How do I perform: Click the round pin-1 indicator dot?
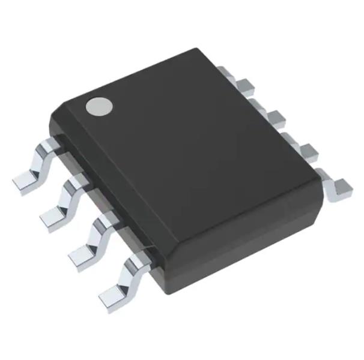[x=99, y=106]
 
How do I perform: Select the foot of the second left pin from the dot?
[x=53, y=217]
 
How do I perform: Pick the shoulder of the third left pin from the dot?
[x=104, y=221]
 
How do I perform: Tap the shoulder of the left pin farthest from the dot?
[x=133, y=259]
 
